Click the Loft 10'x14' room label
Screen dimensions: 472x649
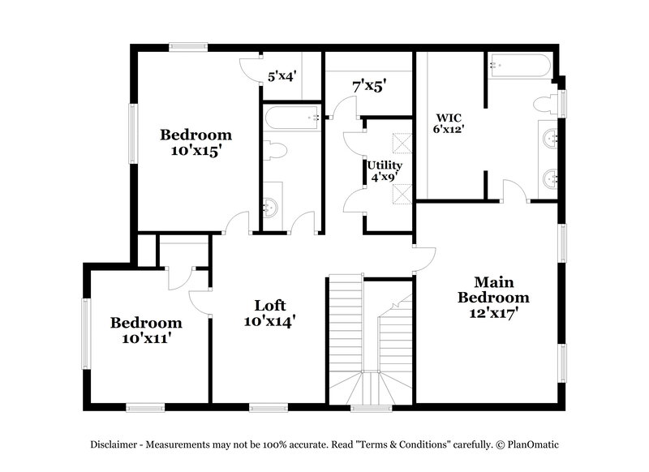[269, 313]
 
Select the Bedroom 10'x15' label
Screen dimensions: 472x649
[196, 143]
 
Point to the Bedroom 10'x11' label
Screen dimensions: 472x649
[146, 330]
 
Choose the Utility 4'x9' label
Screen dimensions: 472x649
[384, 171]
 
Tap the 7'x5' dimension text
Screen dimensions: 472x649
[368, 83]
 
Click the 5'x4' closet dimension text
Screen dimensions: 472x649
[282, 77]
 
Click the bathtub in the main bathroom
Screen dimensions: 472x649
[520, 65]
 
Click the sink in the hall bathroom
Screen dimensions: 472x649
[271, 208]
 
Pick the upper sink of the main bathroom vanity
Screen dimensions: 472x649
[551, 139]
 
